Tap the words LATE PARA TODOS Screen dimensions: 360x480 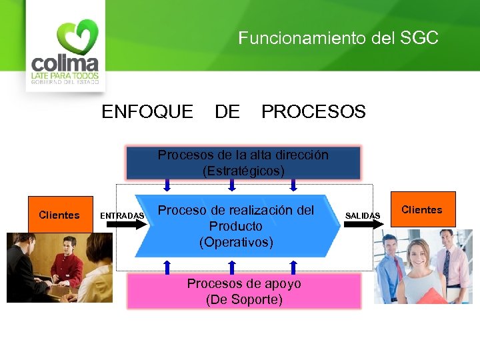65,75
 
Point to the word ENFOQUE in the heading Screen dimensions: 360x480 147,112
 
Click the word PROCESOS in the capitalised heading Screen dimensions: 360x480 313,112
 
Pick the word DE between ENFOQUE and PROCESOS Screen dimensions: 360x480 227,112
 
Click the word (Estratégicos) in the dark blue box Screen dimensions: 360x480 243,171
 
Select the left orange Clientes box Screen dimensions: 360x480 59,215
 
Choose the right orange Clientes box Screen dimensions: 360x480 421,210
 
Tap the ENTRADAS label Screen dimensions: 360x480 122,215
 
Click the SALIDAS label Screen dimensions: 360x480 363,215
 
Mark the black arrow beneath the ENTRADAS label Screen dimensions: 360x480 122,225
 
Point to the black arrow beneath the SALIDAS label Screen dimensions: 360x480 364,225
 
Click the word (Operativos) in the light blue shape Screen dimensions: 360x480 236,242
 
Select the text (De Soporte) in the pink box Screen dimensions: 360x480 244,300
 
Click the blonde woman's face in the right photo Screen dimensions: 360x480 416,253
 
